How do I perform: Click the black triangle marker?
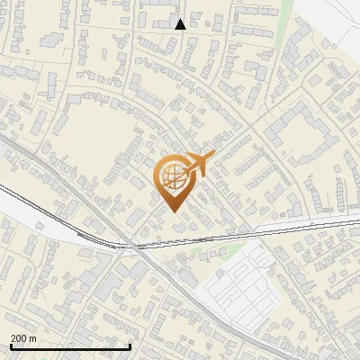(x=180, y=24)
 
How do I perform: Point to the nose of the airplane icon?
(x=210, y=157)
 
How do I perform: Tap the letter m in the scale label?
(x=32, y=338)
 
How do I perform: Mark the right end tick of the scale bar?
(x=130, y=346)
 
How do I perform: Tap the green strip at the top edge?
(x=286, y=9)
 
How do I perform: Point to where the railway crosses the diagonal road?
(x=135, y=244)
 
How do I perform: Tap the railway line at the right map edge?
(x=355, y=220)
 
